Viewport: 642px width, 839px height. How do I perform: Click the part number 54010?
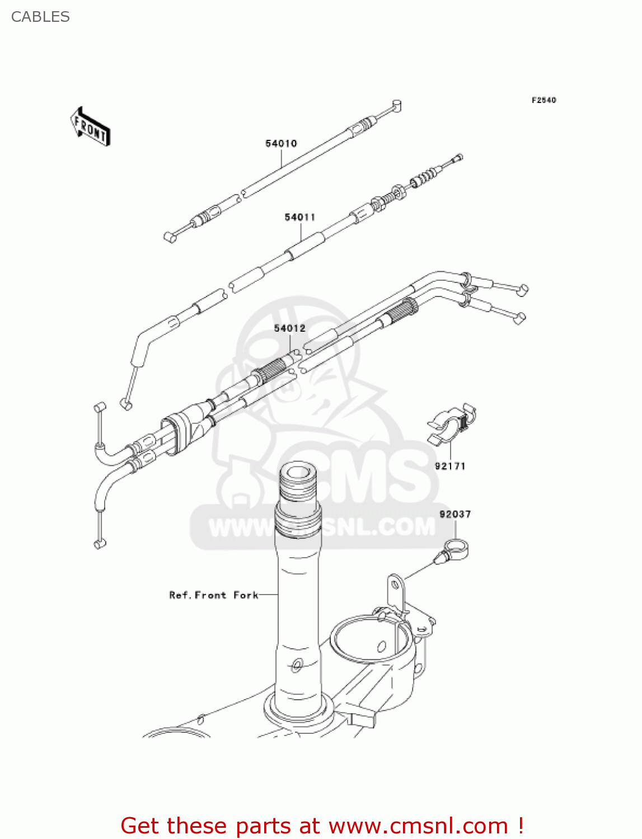click(x=281, y=144)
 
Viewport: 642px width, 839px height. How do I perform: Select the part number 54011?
click(x=300, y=217)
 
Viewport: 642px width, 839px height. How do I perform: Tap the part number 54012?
click(x=289, y=328)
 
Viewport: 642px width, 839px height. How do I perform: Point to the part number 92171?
click(x=450, y=466)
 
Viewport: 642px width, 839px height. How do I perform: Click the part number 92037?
click(x=455, y=514)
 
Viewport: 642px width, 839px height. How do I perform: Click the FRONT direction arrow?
click(x=90, y=127)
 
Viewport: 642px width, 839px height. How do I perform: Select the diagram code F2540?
click(x=543, y=100)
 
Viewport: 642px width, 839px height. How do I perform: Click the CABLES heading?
click(x=40, y=17)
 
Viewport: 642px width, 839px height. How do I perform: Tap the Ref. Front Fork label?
click(x=214, y=595)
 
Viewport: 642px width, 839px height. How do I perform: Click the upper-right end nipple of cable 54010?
click(x=396, y=105)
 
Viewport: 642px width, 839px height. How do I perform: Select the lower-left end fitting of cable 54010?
click(x=171, y=237)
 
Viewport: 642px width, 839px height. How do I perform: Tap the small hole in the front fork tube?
click(x=296, y=665)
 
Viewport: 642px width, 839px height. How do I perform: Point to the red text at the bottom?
click(x=322, y=826)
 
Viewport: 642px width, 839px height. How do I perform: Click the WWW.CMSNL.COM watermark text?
click(x=321, y=527)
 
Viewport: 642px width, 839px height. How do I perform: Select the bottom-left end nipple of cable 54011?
click(x=126, y=403)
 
